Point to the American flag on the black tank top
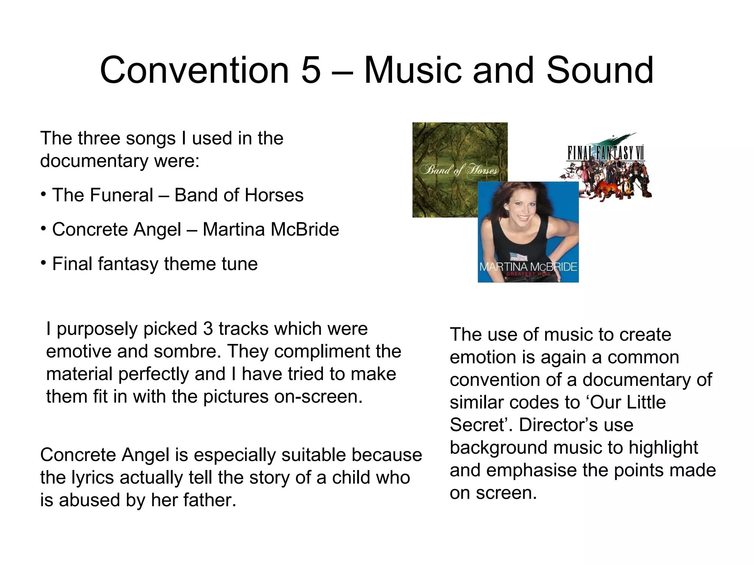(519, 256)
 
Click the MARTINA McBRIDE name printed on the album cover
(528, 267)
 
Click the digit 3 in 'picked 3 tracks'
(208, 328)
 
